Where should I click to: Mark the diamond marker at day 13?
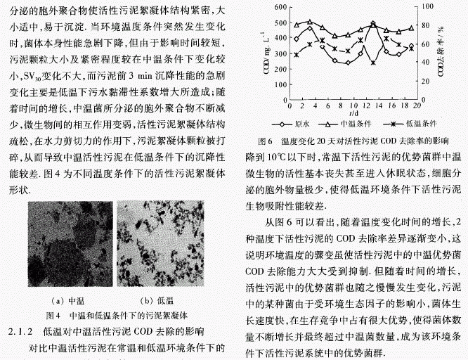click(372, 25)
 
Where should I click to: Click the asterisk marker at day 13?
click(372, 63)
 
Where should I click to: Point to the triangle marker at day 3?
click(310, 21)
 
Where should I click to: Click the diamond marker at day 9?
click(347, 63)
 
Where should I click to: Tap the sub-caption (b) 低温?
click(157, 301)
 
